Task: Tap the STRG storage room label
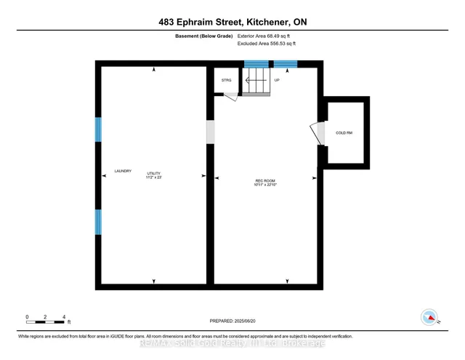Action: (x=227, y=80)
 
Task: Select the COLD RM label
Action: (x=344, y=132)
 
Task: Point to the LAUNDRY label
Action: (x=123, y=171)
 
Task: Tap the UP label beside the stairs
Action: (x=277, y=80)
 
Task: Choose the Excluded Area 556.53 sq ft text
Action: (x=267, y=44)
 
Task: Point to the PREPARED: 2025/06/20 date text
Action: (x=232, y=320)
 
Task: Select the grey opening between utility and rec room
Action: (x=211, y=132)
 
